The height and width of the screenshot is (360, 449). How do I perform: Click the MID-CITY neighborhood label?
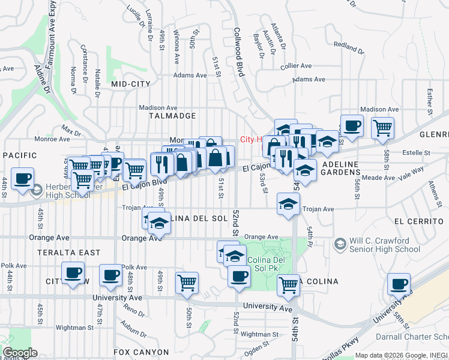[x=130, y=85]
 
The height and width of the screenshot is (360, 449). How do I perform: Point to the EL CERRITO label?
[x=420, y=221]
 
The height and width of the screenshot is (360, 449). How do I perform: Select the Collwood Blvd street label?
[x=240, y=52]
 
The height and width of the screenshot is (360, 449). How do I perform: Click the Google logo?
[x=20, y=353]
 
